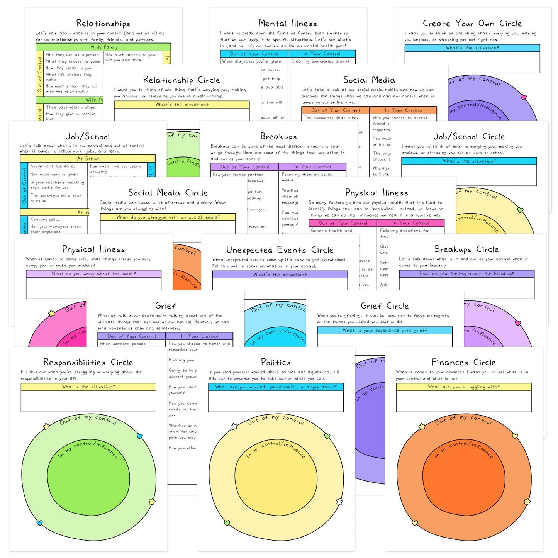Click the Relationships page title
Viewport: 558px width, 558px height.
[103, 24]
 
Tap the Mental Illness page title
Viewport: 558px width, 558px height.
[288, 24]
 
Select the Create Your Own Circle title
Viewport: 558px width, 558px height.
[472, 24]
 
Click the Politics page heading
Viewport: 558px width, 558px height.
[276, 362]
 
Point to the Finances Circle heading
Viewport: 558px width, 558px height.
[463, 362]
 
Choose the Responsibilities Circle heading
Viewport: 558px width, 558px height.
[88, 362]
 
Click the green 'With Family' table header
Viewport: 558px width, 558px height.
[103, 47]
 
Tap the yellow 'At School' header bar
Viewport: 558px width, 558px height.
[88, 159]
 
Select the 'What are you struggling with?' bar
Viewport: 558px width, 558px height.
[463, 387]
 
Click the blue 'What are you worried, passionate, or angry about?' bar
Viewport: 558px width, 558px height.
[276, 387]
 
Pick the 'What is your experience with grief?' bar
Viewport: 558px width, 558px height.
[385, 331]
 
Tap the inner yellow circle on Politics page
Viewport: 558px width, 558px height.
[276, 483]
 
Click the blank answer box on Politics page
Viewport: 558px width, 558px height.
[276, 402]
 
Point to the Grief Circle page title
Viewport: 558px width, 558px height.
[385, 306]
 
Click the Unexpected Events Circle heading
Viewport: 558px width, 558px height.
[280, 250]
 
